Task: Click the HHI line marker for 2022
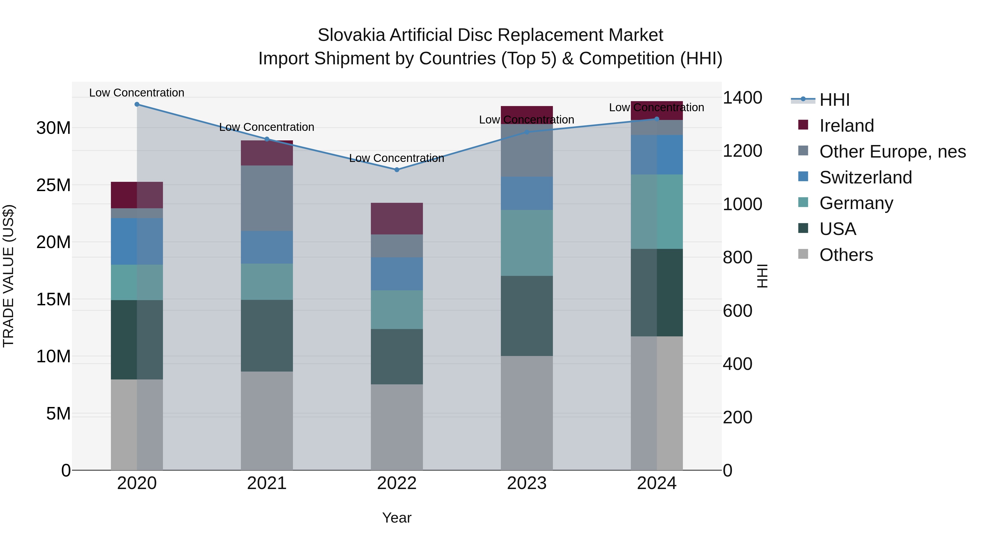click(x=397, y=170)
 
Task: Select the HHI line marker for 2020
click(x=137, y=104)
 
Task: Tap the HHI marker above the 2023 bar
click(x=527, y=132)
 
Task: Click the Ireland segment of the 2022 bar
click(x=397, y=219)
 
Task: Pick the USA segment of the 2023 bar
click(x=527, y=316)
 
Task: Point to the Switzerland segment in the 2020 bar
click(x=137, y=241)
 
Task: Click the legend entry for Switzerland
click(x=865, y=177)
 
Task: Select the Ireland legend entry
click(x=846, y=126)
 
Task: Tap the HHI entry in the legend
click(x=834, y=100)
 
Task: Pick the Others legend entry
click(x=846, y=255)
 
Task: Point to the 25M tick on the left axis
click(x=53, y=185)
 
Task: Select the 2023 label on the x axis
click(x=527, y=483)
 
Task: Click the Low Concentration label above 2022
click(x=396, y=158)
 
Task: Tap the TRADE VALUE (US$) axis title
click(x=8, y=276)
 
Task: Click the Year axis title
click(x=396, y=518)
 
